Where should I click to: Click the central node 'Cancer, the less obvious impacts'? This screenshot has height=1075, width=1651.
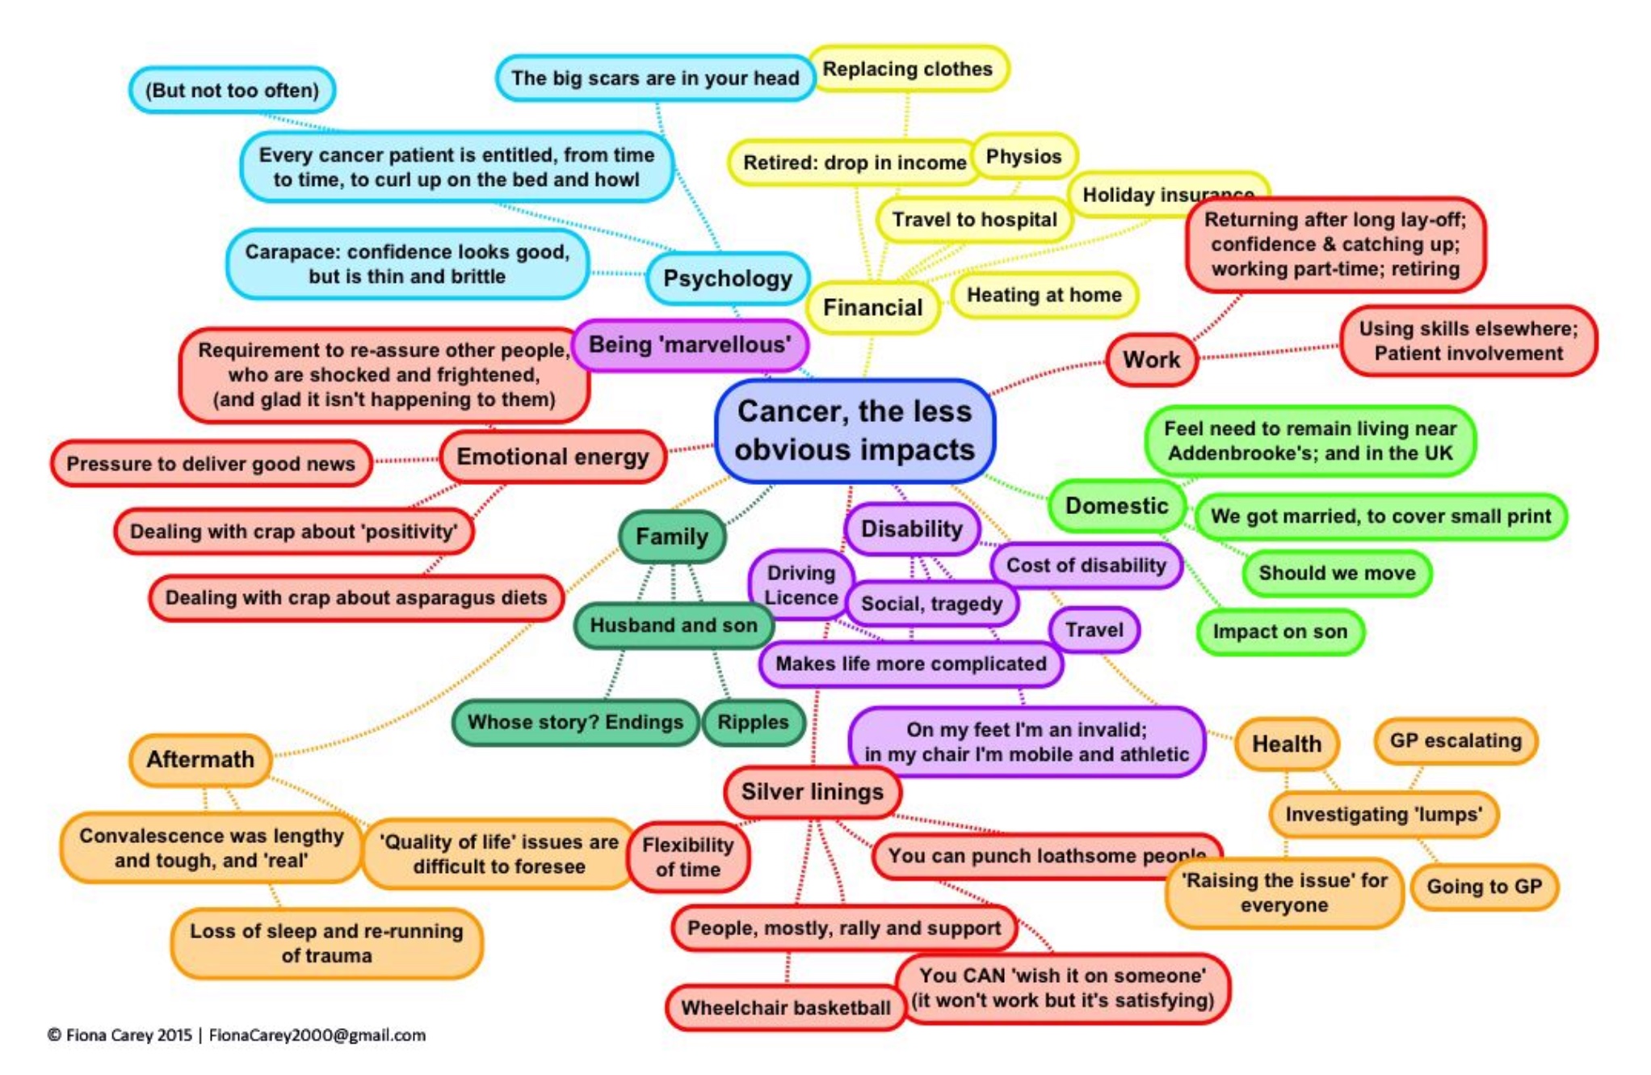pos(855,431)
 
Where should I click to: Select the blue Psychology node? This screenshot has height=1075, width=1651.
pos(727,279)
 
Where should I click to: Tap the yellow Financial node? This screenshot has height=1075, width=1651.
pos(872,307)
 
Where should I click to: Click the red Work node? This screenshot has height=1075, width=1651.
pos(1151,360)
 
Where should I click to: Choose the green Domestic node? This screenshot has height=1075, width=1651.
pos(1116,506)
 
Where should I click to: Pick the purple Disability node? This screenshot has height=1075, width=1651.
pos(911,529)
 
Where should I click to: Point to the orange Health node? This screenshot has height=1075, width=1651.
pos(1286,744)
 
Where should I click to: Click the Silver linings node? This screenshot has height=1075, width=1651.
pos(812,792)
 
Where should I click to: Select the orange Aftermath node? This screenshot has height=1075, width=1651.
pos(200,760)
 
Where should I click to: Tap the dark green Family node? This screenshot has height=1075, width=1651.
pos(671,537)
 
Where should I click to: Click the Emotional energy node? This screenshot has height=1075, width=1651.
pos(552,457)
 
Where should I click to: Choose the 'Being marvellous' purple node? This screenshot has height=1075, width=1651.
pos(689,345)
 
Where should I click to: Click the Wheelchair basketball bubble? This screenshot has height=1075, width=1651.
pos(785,1008)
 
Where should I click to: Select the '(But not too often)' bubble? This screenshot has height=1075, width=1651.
pos(232,91)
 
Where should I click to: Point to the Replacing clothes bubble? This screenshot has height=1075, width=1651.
pos(907,70)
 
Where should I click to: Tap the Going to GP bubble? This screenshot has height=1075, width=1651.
pos(1484,887)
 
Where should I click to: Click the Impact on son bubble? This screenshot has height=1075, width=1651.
pos(1279,632)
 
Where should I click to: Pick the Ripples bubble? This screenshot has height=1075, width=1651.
pos(753,723)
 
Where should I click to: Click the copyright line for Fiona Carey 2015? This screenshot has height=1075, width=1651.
pos(236,1035)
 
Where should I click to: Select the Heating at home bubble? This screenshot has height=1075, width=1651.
pos(1044,295)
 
